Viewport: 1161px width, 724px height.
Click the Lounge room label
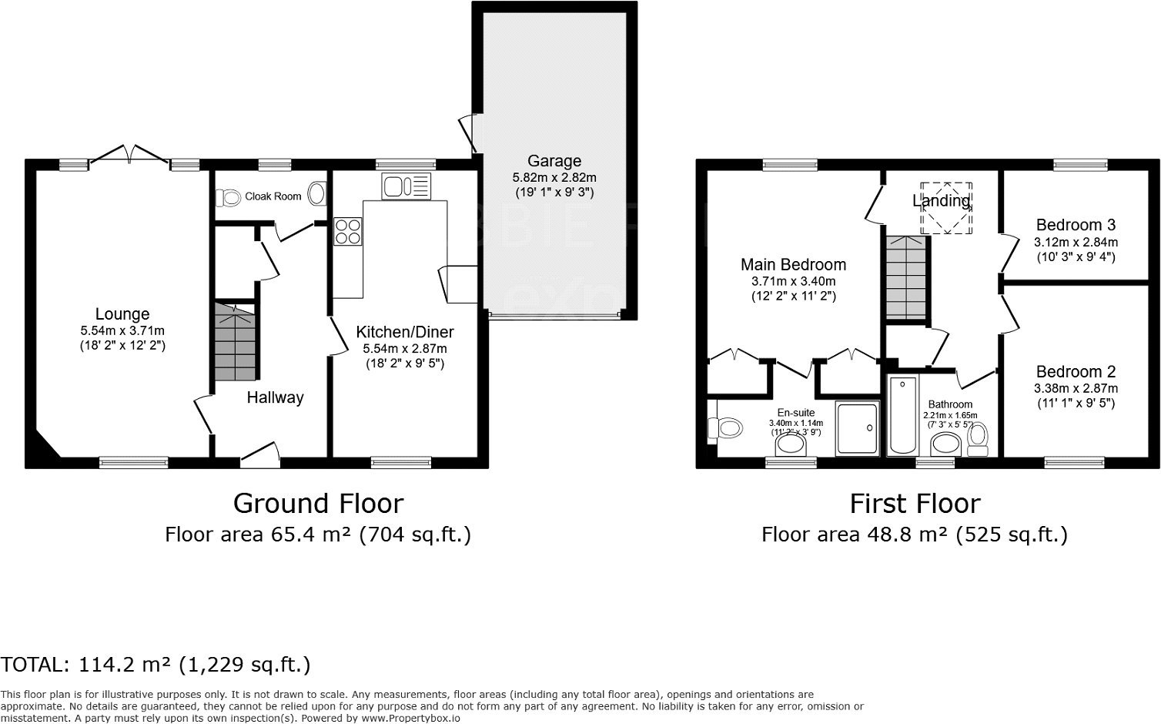122,314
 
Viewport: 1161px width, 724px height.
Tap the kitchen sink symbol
406,186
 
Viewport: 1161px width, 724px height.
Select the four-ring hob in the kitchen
347,232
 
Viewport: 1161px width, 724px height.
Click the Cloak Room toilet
229,198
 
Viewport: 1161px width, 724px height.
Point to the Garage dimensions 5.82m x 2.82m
554,177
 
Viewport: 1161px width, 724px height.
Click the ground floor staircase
234,343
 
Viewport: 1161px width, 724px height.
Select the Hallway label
275,397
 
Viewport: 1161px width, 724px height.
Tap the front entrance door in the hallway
259,455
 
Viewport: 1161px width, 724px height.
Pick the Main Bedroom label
793,265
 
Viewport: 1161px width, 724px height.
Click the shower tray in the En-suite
857,428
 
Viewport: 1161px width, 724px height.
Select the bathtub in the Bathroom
902,416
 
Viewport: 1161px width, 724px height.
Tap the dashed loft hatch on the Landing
946,208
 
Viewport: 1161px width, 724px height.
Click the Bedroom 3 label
1075,225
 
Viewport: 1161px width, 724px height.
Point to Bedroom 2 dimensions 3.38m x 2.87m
1075,389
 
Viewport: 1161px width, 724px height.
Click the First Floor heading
915,504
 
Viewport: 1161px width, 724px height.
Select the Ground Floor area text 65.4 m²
317,535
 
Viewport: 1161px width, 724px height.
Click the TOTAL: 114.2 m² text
156,665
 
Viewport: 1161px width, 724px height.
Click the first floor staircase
905,277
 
